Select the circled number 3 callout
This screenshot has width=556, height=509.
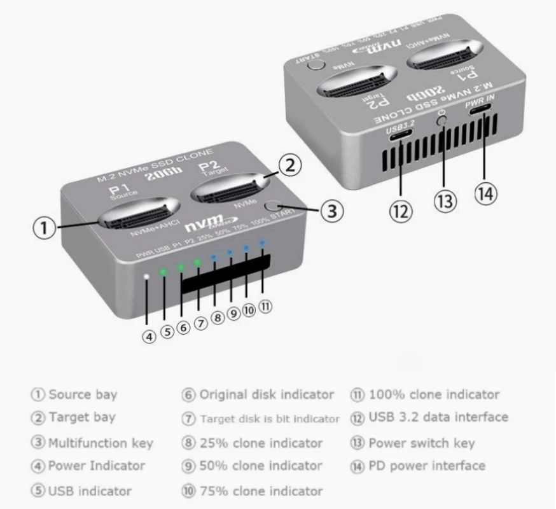(331, 211)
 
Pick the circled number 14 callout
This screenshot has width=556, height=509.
(486, 193)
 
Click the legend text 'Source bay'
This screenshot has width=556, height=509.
(83, 394)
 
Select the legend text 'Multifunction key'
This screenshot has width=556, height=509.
(101, 443)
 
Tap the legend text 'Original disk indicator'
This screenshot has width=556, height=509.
(267, 394)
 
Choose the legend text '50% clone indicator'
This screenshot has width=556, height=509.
(261, 466)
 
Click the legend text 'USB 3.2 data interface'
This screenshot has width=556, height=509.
(438, 417)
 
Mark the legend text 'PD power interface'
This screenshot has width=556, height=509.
(427, 466)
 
